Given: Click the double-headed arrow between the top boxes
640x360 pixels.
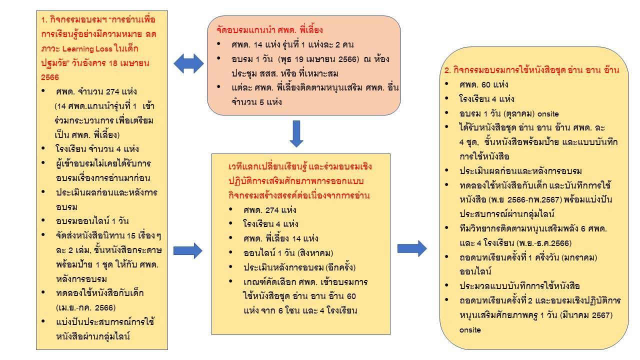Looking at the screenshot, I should coord(188,63).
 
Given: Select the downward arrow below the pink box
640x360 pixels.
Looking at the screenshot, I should coord(296,133).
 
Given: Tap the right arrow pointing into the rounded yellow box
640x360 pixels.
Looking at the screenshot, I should coord(412,248).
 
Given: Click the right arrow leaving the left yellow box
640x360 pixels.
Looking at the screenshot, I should coord(188,250).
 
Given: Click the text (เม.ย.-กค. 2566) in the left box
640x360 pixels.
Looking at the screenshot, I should coord(85,307).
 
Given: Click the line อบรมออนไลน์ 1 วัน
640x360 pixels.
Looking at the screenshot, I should coord(92,221).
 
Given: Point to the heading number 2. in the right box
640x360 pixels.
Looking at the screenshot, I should coord(448,70).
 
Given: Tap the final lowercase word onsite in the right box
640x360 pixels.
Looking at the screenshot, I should coord(470,330).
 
